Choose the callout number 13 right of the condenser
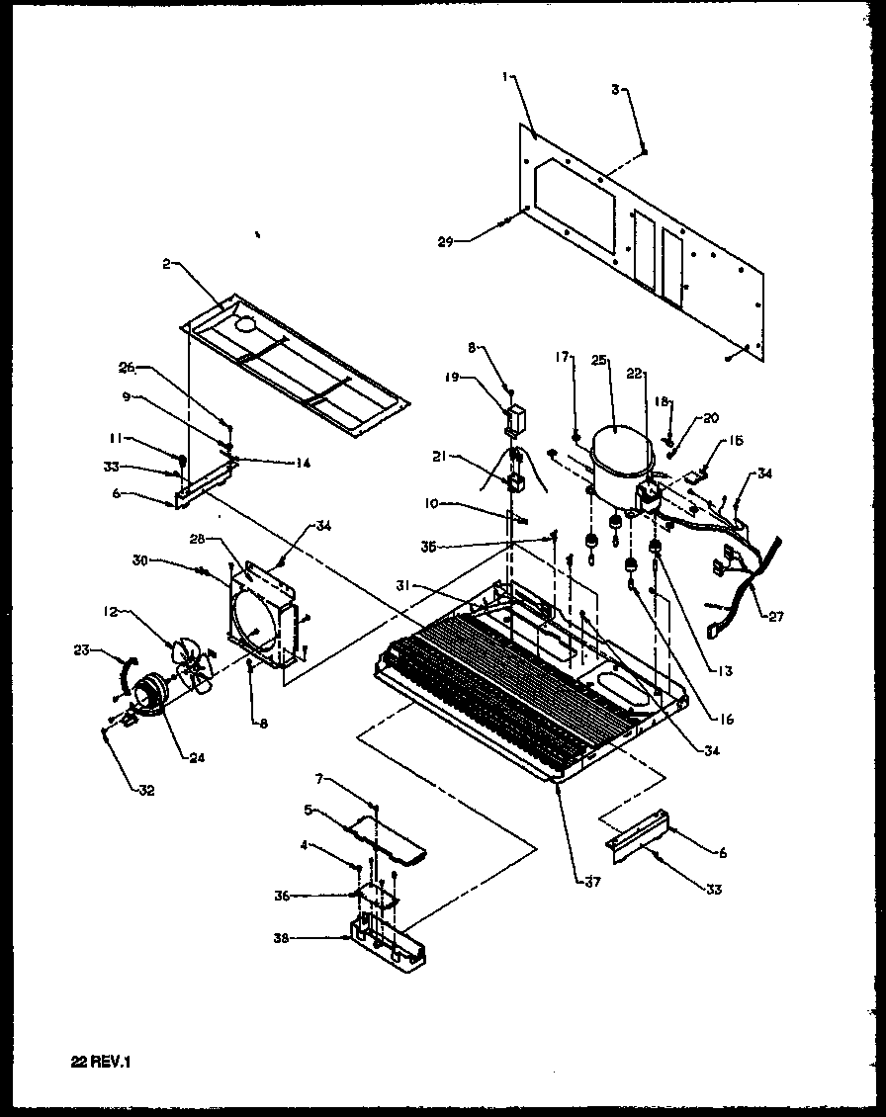pos(726,671)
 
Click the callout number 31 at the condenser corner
pos(431,585)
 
